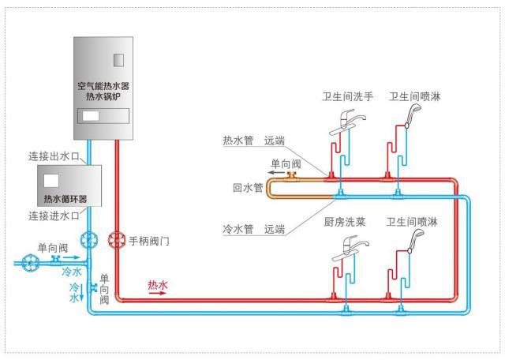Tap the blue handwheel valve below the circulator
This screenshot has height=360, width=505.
point(88,239)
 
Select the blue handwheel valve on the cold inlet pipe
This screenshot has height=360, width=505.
point(32,260)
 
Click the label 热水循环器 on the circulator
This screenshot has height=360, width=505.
point(65,198)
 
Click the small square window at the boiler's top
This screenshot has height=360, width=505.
point(119,59)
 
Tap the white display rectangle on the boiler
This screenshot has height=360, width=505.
point(92,115)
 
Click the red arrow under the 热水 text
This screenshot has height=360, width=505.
point(159,292)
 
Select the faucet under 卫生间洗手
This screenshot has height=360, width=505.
point(347,119)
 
